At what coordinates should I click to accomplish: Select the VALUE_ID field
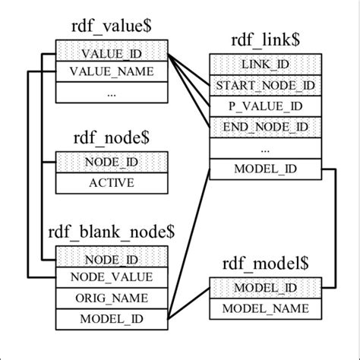click(111, 55)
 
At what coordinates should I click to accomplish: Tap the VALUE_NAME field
click(111, 72)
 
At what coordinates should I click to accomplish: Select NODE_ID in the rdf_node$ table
click(111, 163)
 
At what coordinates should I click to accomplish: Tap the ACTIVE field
click(111, 182)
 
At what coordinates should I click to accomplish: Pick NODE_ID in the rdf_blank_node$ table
click(111, 260)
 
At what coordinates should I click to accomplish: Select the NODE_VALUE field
click(111, 278)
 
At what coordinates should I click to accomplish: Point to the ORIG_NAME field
click(111, 298)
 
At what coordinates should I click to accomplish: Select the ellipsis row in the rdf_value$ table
click(111, 93)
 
